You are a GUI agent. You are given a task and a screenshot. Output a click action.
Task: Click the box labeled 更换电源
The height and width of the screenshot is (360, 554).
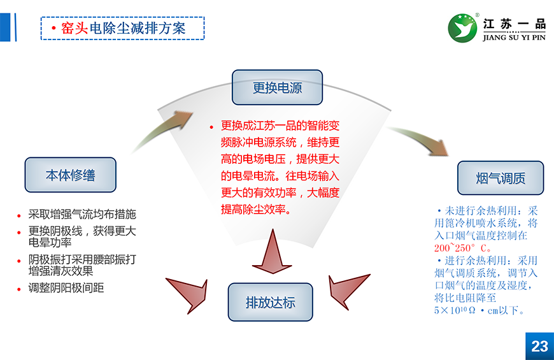click(277, 88)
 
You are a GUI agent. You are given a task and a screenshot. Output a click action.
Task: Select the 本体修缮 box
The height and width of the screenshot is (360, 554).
click(70, 175)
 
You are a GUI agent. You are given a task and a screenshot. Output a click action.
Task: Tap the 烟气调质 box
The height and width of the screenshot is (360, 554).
click(501, 178)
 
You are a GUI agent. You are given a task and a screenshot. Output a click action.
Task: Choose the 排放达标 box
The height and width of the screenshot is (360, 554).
click(271, 303)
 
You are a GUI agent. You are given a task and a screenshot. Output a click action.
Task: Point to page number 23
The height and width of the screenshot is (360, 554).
click(539, 346)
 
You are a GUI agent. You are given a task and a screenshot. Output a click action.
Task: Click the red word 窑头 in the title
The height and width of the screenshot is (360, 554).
click(74, 29)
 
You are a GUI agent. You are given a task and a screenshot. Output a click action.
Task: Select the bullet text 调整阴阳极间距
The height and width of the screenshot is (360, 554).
click(66, 287)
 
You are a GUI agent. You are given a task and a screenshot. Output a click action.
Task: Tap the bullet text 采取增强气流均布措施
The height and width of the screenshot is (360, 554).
click(82, 215)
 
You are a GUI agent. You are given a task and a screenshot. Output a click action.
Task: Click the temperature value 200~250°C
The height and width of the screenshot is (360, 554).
click(463, 248)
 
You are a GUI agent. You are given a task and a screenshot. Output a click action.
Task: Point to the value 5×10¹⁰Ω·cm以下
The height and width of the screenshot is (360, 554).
click(479, 310)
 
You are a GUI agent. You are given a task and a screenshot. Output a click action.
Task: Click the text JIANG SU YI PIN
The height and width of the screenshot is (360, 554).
click(514, 37)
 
